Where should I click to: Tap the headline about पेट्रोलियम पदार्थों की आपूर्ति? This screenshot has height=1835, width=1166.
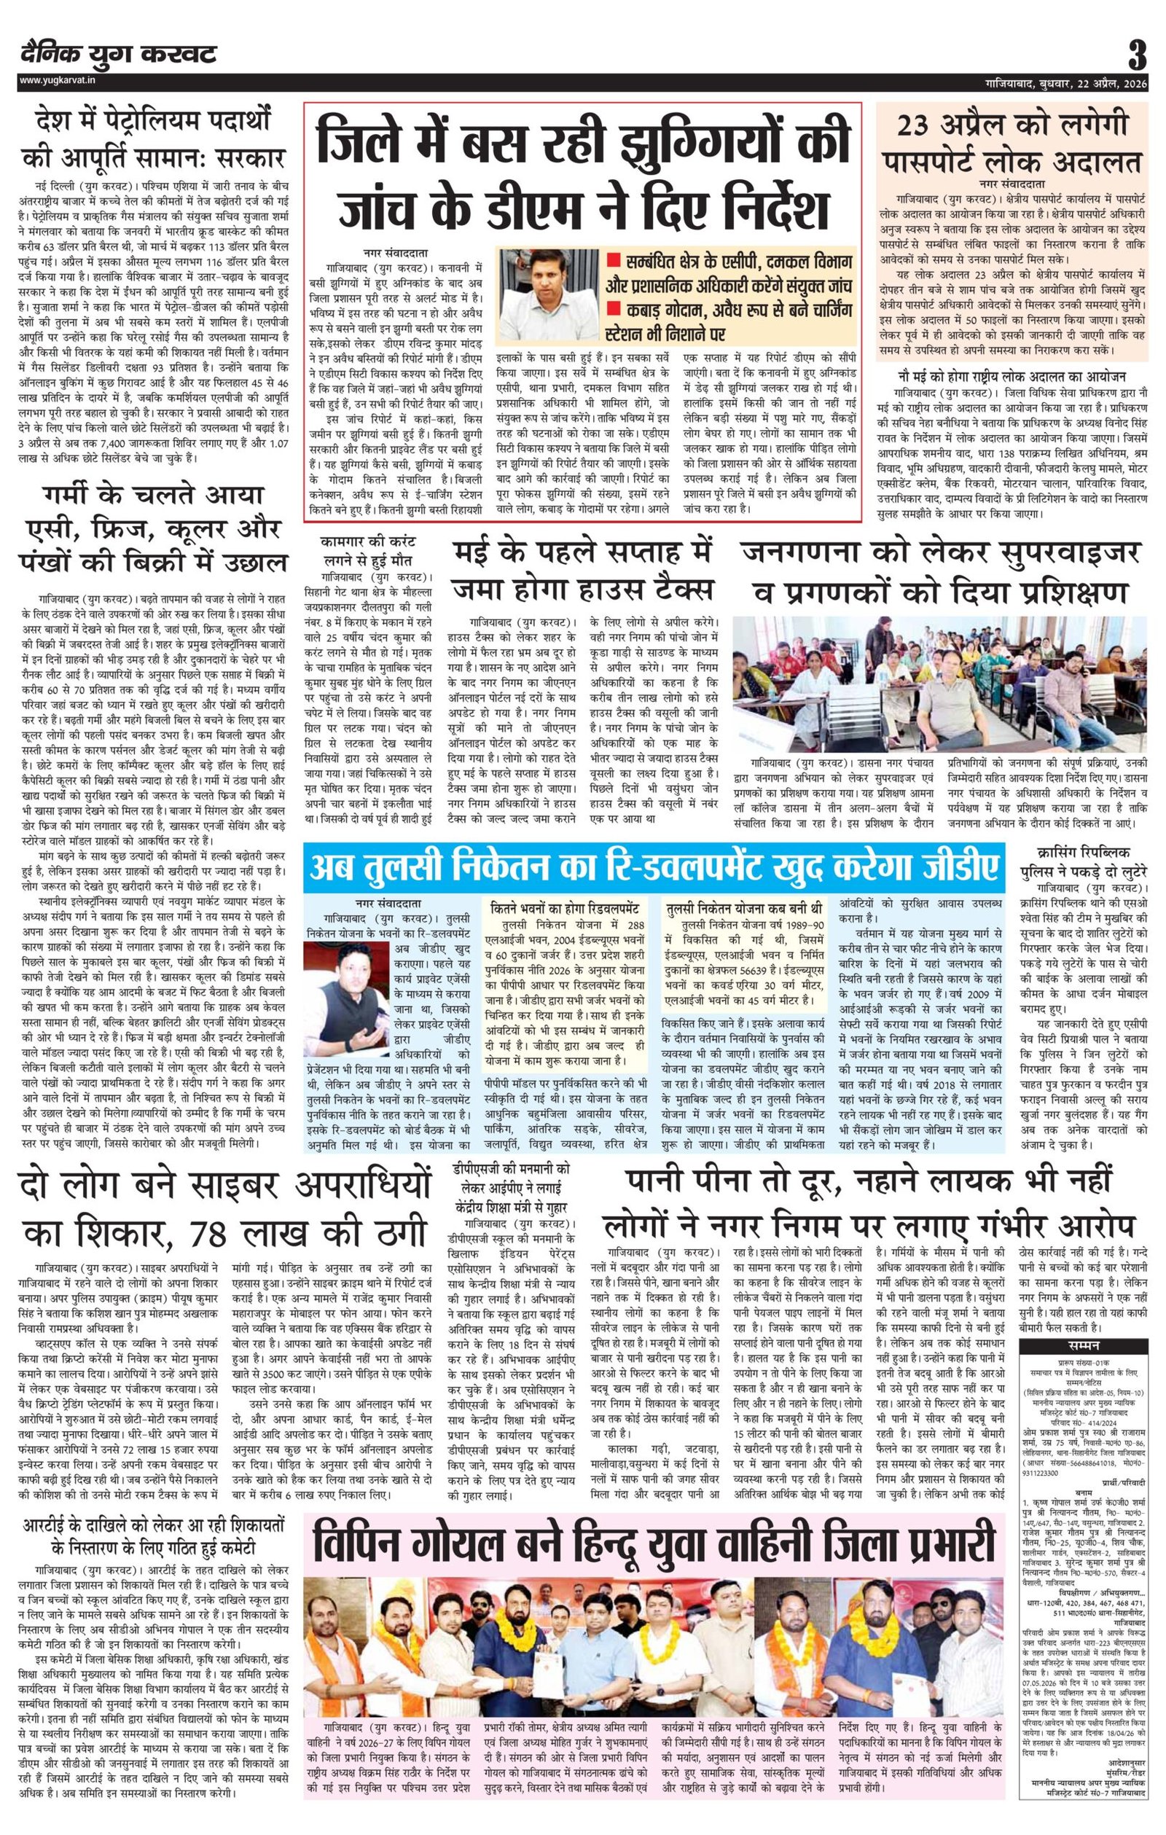[x=152, y=140]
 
